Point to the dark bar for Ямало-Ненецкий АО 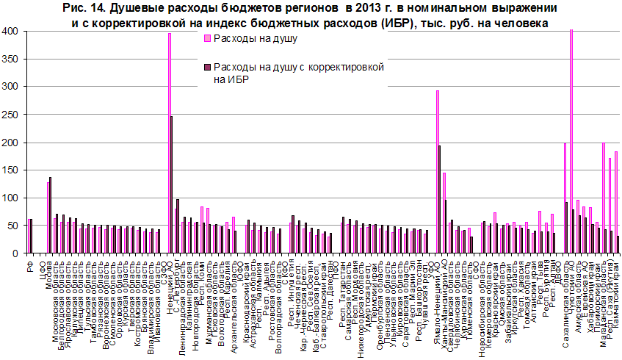pos(440,199)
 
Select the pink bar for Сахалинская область pos(564,198)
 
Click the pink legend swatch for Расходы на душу pos(206,40)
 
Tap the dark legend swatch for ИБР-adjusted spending pos(206,68)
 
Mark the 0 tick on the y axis pos(15,253)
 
